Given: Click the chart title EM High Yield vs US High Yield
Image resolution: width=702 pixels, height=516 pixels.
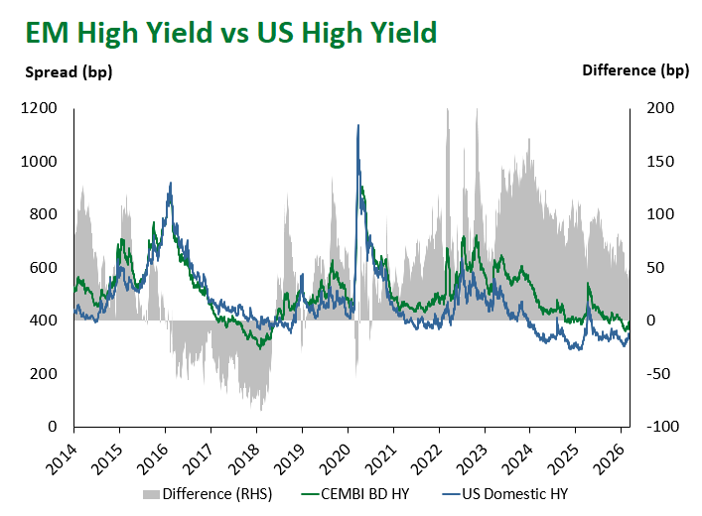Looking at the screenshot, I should point(230,32).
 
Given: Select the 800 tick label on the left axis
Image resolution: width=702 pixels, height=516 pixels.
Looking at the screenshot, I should point(43,214).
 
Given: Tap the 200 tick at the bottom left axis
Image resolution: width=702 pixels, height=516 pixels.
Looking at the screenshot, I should point(43,374).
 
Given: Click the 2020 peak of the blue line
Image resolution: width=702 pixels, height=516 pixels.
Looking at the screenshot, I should point(357,125).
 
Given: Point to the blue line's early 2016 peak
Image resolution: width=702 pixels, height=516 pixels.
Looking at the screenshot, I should point(171,183).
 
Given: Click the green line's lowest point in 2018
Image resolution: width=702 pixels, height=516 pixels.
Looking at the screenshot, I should point(260,347).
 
